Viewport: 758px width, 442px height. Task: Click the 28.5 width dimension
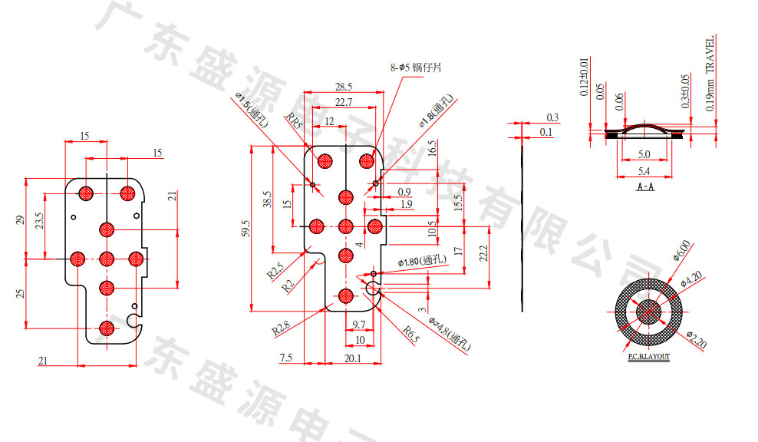344,86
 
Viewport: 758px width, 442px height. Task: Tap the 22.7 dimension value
343,102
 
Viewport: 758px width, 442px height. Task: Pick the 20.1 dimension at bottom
354,358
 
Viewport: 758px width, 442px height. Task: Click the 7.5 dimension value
286,358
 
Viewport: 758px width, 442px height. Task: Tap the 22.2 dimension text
483,253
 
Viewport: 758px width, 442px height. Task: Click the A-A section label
645,186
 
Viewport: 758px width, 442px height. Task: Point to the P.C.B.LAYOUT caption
648,357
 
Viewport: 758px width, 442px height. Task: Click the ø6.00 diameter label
681,250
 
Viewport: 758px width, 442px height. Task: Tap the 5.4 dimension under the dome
645,170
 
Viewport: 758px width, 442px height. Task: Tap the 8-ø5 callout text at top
416,68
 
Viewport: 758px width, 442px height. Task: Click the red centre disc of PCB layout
648,313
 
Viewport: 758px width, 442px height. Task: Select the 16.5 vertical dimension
432,148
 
